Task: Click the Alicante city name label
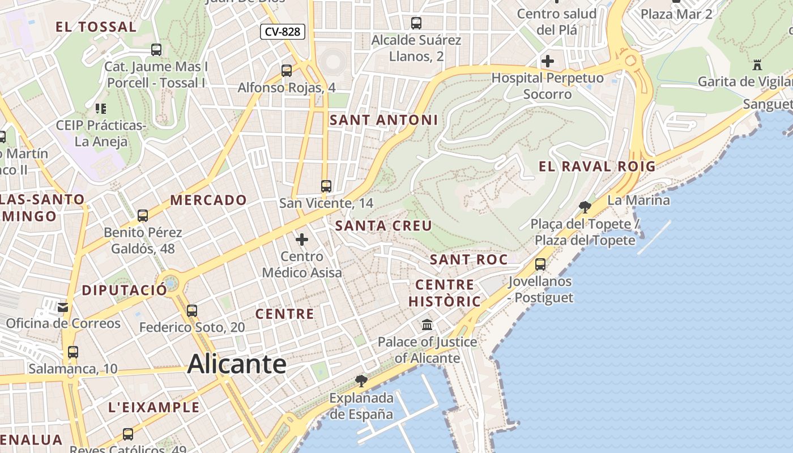237,364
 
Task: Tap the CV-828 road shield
283,32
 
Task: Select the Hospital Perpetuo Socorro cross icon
548,61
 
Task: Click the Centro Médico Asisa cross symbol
302,240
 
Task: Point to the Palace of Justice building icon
427,325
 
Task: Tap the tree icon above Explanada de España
361,381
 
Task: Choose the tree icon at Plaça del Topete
585,207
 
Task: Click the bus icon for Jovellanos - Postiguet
540,264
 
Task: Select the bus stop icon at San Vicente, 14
326,186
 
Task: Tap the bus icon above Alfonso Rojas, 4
287,70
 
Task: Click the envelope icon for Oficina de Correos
63,307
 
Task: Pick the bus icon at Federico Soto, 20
192,310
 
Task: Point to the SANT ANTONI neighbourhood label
383,120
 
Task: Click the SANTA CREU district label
383,225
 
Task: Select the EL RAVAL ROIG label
597,166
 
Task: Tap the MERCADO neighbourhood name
208,200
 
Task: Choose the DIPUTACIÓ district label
125,290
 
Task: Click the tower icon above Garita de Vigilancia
757,65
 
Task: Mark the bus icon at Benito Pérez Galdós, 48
143,215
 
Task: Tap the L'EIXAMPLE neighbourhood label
154,407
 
